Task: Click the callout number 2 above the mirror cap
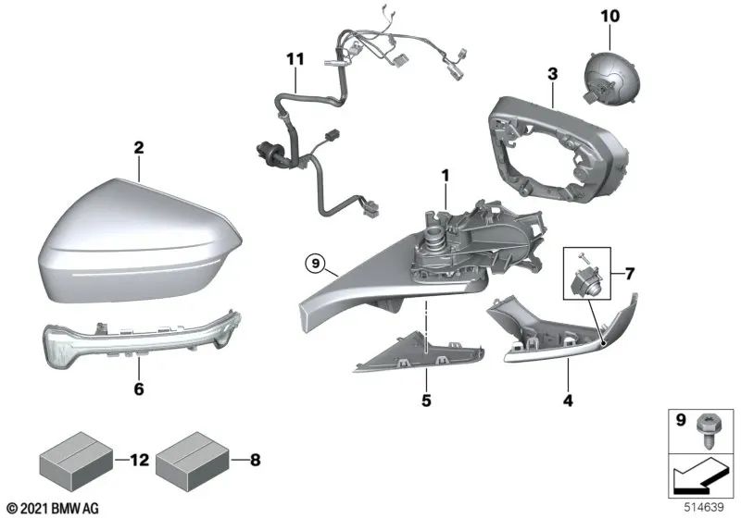click(x=138, y=147)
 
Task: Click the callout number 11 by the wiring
click(x=295, y=60)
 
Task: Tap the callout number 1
click(x=445, y=174)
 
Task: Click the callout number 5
click(x=427, y=402)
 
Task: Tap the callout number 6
click(x=139, y=389)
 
